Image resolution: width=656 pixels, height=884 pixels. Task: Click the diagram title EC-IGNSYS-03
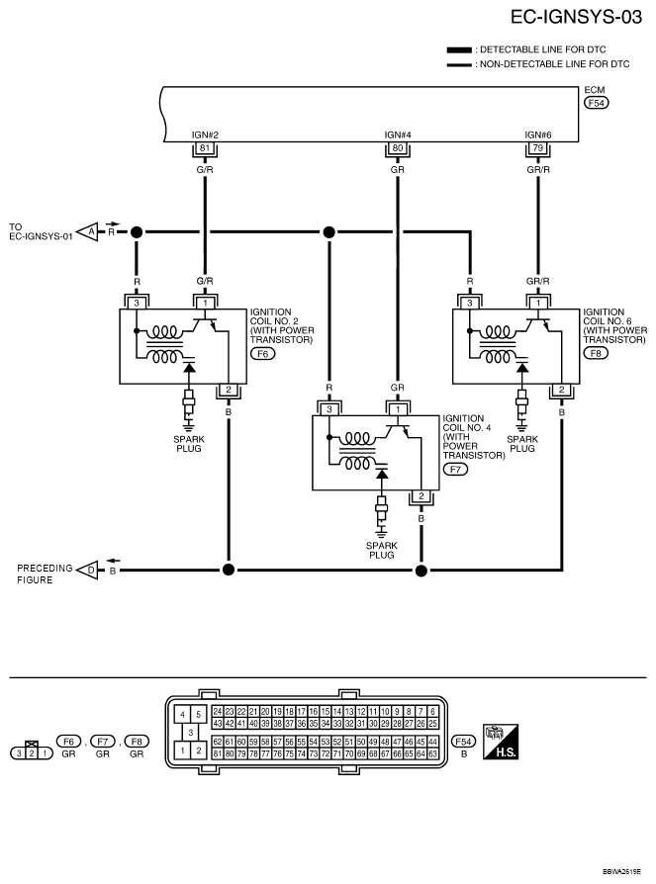pos(577,18)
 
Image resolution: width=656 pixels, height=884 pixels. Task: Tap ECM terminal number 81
pos(206,148)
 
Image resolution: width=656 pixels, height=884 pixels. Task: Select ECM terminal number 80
pos(398,148)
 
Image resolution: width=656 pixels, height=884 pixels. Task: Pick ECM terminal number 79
pos(537,148)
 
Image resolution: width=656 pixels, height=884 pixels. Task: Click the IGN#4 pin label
pos(398,134)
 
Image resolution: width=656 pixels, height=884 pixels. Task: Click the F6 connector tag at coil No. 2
pos(262,353)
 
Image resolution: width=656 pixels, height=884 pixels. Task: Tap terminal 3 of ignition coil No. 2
pos(137,302)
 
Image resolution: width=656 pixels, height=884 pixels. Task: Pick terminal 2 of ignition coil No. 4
pos(422,496)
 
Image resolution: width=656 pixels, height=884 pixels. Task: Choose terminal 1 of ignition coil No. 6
pos(538,302)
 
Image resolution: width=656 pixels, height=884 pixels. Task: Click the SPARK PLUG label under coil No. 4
pos(379,550)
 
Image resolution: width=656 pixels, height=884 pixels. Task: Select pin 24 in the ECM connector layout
pos(217,711)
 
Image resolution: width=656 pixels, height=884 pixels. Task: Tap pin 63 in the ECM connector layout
pos(433,753)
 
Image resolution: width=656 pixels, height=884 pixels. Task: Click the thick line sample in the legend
pos(459,48)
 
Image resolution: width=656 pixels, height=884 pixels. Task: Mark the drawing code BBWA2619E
pos(622,872)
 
